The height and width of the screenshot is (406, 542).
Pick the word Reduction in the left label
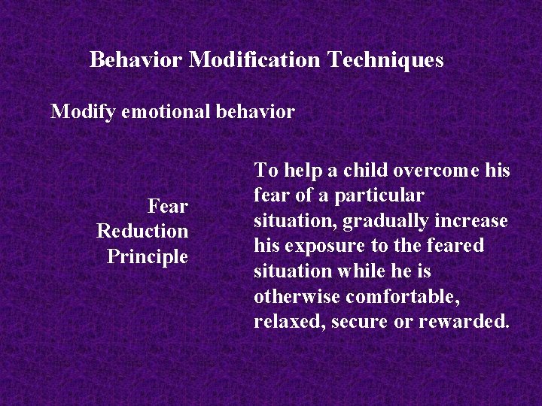(142, 231)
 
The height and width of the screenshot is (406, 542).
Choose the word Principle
(147, 256)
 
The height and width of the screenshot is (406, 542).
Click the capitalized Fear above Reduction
(167, 205)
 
